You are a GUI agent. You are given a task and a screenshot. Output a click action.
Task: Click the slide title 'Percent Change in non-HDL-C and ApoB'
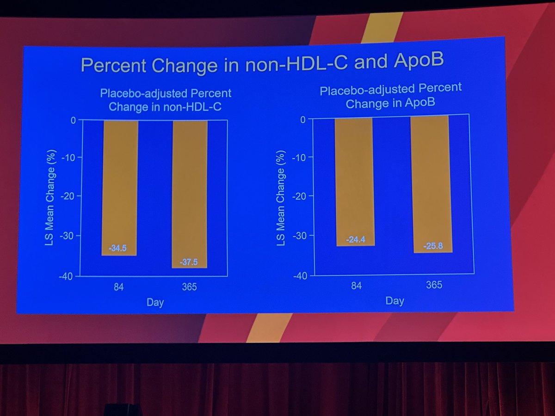(x=262, y=63)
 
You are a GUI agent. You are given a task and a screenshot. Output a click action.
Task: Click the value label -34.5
(x=117, y=249)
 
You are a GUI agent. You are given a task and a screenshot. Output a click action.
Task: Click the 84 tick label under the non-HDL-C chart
(x=119, y=288)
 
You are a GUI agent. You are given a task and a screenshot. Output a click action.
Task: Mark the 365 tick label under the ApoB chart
(x=434, y=285)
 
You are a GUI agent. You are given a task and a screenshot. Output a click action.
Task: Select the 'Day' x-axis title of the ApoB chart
(x=395, y=301)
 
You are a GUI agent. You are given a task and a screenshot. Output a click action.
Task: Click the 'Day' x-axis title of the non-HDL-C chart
(x=155, y=303)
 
